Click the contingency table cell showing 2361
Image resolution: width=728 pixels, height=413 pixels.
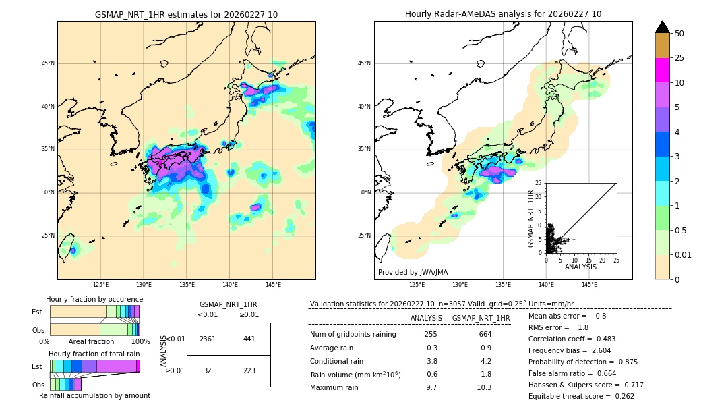click(208, 339)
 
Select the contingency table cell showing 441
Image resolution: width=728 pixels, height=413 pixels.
click(249, 339)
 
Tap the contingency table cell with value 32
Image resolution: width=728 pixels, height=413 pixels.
click(208, 370)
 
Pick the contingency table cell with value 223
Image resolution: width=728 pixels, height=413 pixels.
click(249, 370)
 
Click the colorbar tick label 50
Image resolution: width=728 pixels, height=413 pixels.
click(679, 34)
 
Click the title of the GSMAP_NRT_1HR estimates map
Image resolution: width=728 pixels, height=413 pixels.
click(186, 14)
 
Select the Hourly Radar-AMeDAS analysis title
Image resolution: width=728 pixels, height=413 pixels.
click(503, 14)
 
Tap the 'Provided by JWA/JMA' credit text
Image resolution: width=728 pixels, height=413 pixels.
click(413, 272)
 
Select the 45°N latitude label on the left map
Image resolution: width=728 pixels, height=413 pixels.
click(48, 63)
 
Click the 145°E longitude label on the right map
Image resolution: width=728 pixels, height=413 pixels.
click(589, 285)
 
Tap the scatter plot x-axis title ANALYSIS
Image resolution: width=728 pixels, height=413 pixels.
click(580, 267)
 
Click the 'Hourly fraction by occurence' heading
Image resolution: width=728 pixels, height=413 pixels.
click(94, 299)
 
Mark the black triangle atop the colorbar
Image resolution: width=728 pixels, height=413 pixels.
click(663, 27)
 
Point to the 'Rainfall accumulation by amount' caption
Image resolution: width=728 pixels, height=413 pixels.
click(94, 395)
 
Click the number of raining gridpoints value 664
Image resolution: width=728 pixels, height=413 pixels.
click(485, 334)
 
